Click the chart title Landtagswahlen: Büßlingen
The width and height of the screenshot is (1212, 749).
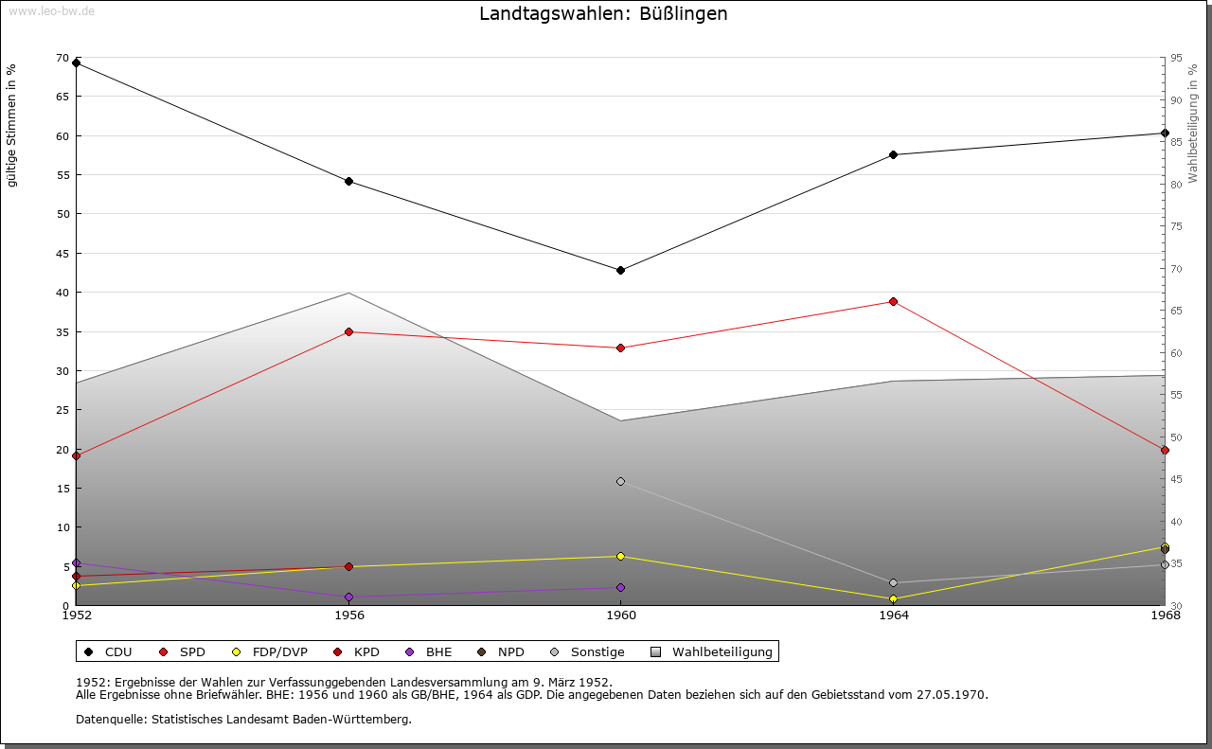(x=603, y=14)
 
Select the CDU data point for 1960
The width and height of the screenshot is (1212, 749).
(x=620, y=270)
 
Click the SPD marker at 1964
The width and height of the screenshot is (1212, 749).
(x=893, y=301)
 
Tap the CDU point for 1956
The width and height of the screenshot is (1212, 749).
(x=348, y=181)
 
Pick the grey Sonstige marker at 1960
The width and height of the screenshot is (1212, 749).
(x=620, y=481)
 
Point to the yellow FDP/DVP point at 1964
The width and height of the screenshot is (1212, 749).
(x=893, y=598)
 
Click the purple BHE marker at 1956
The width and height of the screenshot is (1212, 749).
(x=348, y=597)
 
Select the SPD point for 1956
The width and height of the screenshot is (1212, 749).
(x=348, y=331)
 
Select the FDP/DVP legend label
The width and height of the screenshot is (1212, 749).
(x=279, y=651)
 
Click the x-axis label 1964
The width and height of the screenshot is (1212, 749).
(x=893, y=615)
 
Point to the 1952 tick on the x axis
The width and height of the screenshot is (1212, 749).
(x=76, y=615)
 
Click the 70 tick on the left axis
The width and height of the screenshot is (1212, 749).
(x=62, y=59)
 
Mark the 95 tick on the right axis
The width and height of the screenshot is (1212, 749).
(x=1175, y=59)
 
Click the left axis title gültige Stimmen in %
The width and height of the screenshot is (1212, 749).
(x=12, y=125)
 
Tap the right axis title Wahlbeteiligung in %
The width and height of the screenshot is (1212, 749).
(x=1193, y=123)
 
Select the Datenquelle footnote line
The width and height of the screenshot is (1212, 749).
(x=243, y=719)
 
